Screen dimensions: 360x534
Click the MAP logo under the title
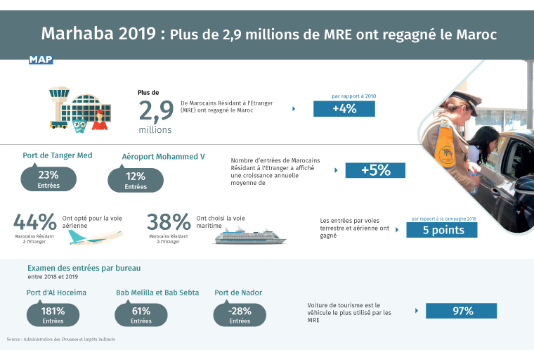click(41, 60)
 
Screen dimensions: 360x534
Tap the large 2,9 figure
click(155, 111)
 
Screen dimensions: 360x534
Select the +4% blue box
click(344, 109)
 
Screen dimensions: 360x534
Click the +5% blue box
click(375, 170)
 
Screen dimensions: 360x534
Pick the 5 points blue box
click(441, 230)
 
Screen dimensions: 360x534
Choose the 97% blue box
click(461, 311)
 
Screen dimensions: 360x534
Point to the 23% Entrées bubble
click(48, 179)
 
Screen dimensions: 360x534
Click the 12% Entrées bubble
click(136, 180)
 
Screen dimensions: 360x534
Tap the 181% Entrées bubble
click(53, 314)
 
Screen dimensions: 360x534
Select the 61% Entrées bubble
click(141, 314)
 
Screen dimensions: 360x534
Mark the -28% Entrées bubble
click(240, 314)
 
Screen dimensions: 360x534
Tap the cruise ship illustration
click(249, 236)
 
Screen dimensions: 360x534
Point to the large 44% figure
click(34, 222)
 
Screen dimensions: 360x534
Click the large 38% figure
click(169, 222)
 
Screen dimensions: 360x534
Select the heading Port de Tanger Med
click(58, 155)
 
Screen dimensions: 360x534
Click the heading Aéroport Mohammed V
click(163, 156)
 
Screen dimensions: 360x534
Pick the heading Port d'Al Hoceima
click(56, 292)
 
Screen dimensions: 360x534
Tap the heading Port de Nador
click(238, 292)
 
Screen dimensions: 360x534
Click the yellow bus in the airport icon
click(58, 124)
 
